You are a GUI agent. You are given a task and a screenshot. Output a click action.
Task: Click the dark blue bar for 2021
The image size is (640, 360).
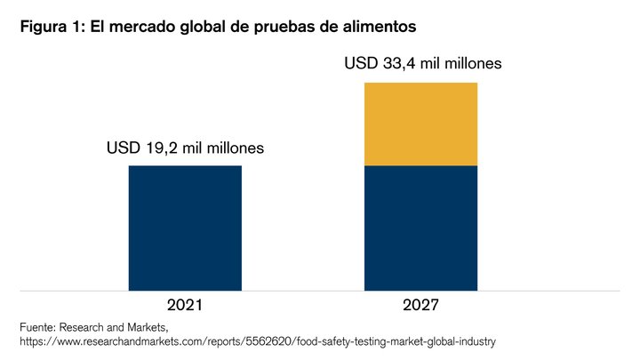[185, 228]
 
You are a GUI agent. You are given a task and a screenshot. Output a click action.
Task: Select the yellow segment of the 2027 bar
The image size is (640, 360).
[420, 124]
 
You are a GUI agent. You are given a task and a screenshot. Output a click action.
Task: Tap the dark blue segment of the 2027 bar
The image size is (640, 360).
[420, 228]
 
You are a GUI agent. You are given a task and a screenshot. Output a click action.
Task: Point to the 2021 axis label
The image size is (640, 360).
[185, 305]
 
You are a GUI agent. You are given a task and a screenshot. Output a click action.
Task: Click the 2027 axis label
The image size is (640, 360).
[420, 305]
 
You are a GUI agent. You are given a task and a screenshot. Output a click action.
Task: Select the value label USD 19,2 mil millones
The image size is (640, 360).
[185, 148]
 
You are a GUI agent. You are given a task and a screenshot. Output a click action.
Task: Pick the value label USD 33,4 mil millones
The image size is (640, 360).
[423, 63]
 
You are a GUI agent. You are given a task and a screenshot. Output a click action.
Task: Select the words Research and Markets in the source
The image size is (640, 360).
[113, 327]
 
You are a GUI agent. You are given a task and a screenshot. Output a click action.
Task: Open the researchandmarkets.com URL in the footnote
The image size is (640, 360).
[258, 341]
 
